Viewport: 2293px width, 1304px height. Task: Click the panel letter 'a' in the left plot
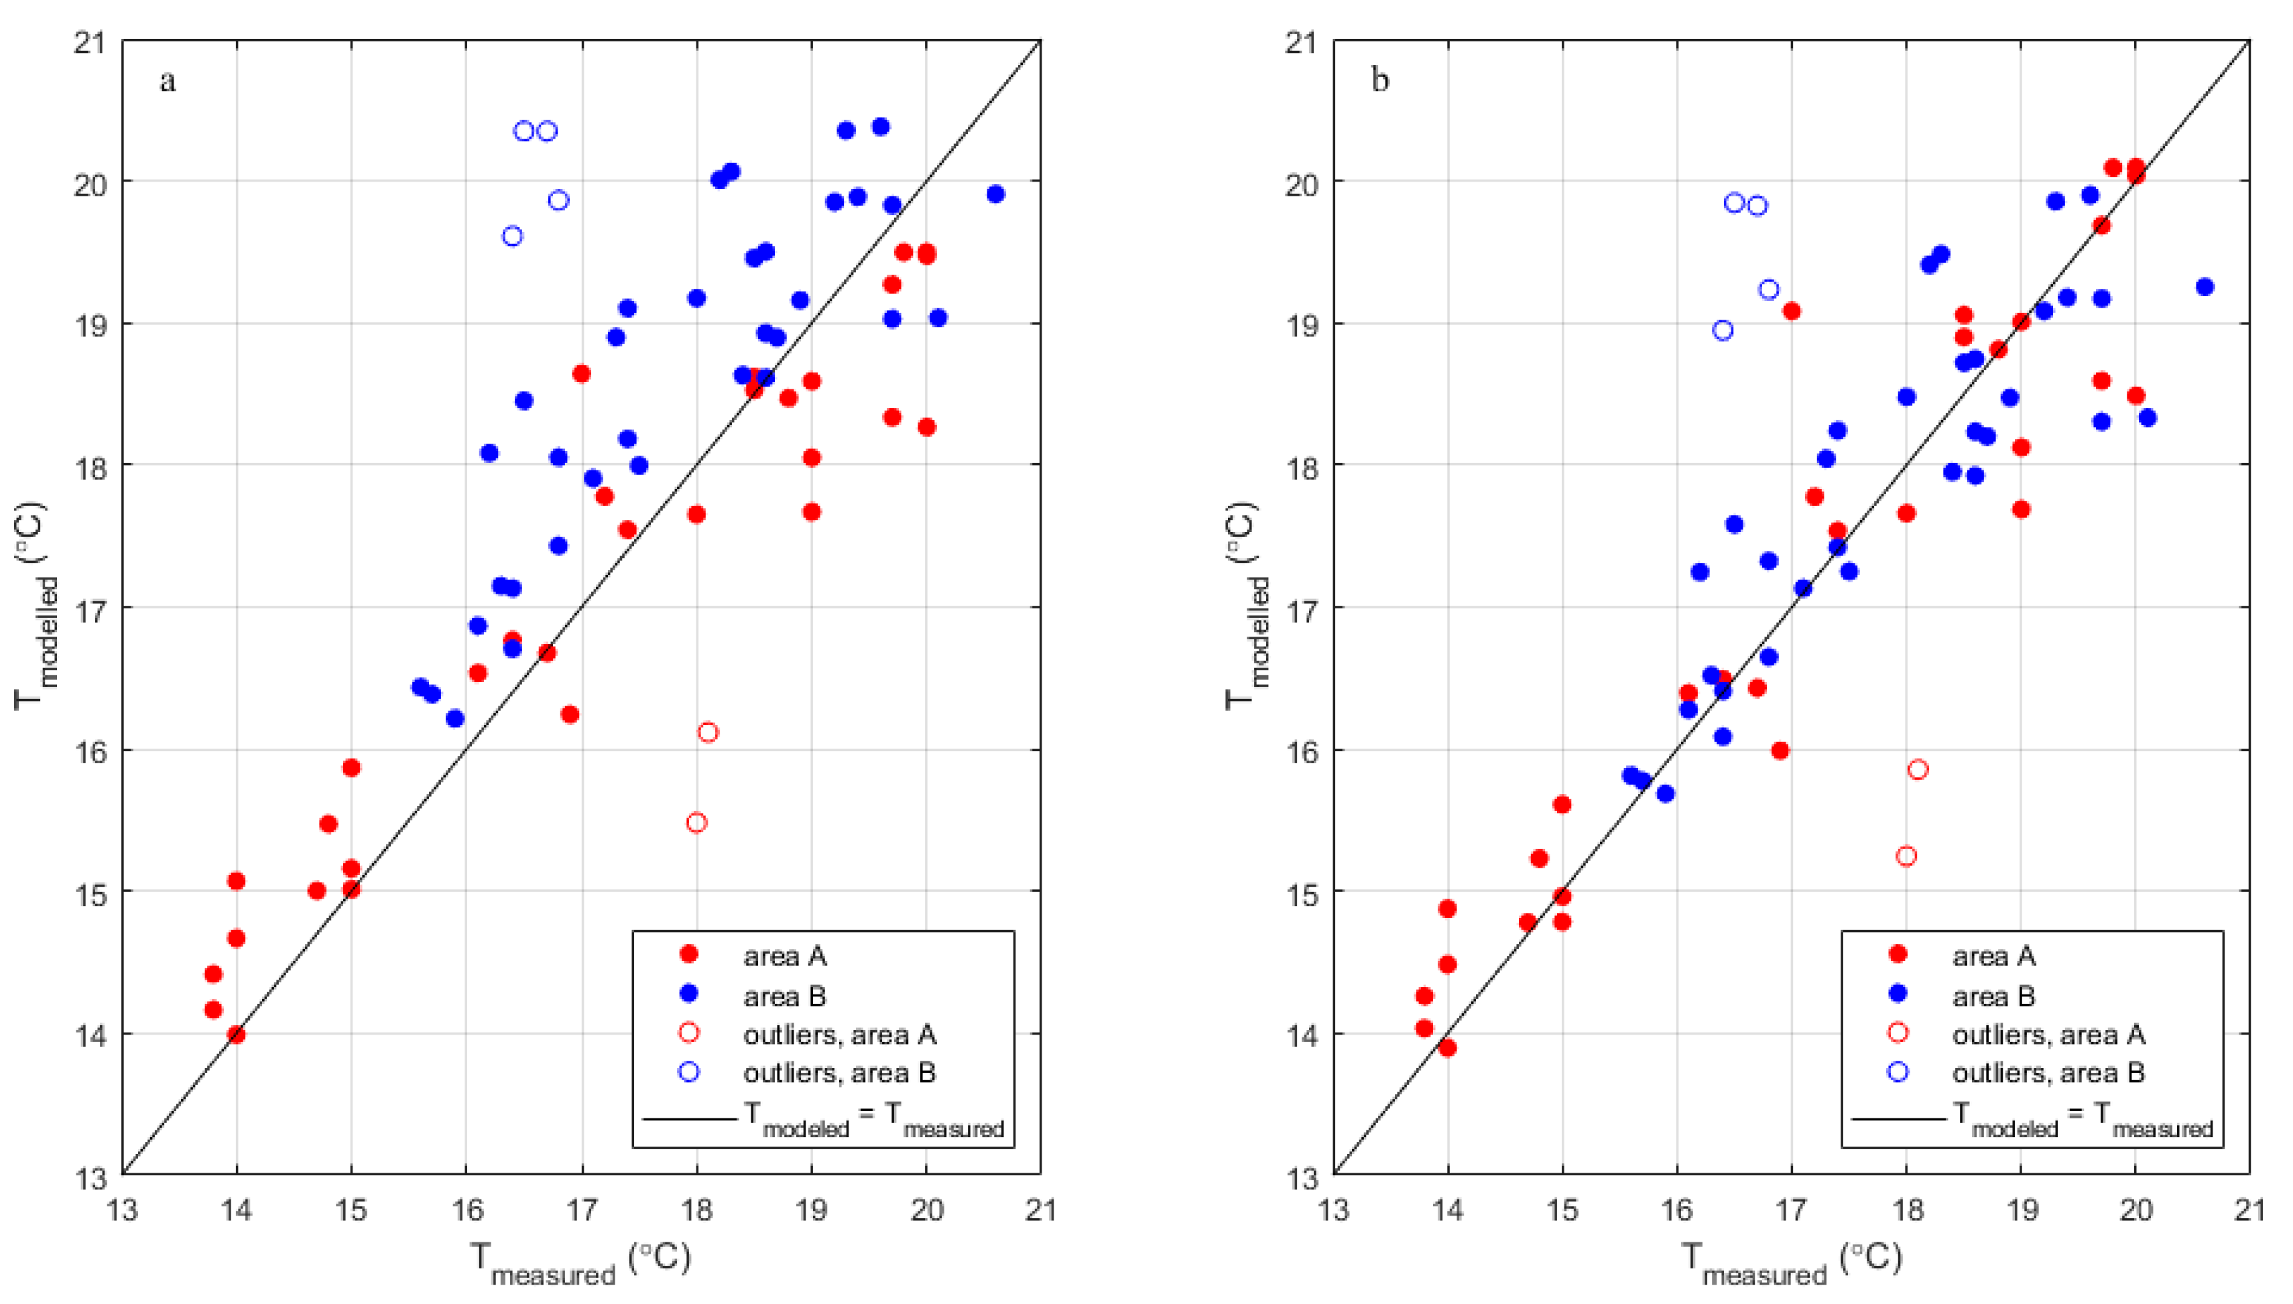(x=168, y=82)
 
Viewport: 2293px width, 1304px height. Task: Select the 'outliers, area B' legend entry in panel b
(x=2048, y=1072)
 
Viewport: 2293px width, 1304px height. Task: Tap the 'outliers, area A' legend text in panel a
(x=839, y=1035)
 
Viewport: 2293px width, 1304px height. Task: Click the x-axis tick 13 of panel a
(x=122, y=1211)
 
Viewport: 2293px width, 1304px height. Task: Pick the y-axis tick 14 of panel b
(x=1300, y=1035)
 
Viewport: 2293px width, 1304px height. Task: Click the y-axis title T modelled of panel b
(x=1244, y=607)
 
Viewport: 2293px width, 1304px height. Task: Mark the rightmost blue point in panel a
(x=995, y=194)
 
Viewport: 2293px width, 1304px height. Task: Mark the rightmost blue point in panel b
(x=2205, y=287)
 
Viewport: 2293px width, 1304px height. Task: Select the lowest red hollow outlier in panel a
(x=696, y=823)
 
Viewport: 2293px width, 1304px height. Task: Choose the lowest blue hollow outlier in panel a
(x=512, y=237)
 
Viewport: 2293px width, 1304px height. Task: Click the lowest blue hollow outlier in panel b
(x=1723, y=330)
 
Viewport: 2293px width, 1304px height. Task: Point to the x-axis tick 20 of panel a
(x=927, y=1211)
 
